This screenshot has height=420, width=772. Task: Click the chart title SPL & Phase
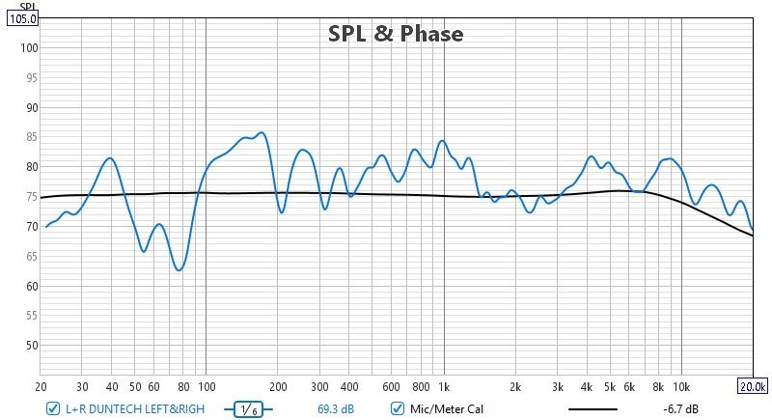(x=396, y=34)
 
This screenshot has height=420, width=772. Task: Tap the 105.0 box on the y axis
(x=22, y=18)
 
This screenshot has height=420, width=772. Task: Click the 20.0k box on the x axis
(x=753, y=386)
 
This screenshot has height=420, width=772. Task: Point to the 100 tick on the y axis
(x=28, y=48)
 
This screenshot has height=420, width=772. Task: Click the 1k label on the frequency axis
(x=444, y=386)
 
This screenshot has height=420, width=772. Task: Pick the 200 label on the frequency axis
(x=278, y=386)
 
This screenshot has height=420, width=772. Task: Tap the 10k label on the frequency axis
(x=681, y=386)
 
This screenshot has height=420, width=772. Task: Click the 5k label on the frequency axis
(x=610, y=386)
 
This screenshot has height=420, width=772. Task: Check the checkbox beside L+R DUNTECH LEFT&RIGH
(x=52, y=408)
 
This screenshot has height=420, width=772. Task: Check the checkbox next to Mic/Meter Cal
(x=398, y=408)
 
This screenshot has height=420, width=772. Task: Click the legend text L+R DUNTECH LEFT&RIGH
(x=135, y=408)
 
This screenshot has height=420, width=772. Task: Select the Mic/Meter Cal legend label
(x=446, y=408)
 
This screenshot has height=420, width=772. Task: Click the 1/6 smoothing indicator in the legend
(x=247, y=409)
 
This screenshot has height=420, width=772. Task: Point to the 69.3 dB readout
(x=336, y=408)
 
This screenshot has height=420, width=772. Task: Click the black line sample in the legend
(x=593, y=409)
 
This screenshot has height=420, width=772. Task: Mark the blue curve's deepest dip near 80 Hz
(x=179, y=270)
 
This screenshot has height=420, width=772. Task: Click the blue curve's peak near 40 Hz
(x=110, y=158)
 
